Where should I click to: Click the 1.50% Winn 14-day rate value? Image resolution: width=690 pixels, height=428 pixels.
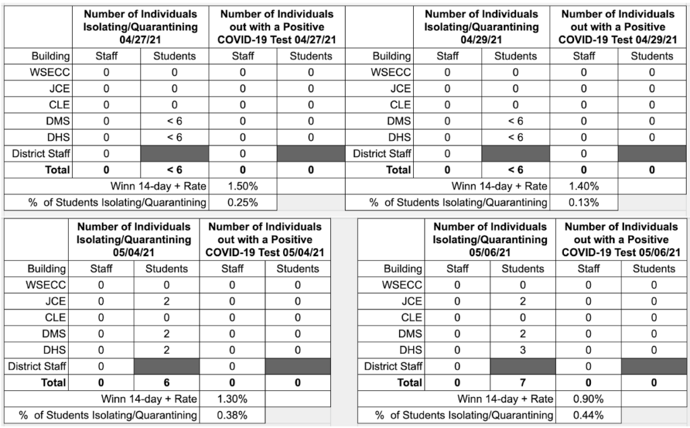pyautogui.click(x=243, y=186)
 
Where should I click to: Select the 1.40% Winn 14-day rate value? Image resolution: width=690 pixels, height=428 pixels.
pyautogui.click(x=584, y=186)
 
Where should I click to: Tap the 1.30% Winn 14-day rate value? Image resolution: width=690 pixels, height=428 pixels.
pyautogui.click(x=232, y=399)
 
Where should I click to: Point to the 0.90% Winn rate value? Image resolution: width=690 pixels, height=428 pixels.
pyautogui.click(x=588, y=399)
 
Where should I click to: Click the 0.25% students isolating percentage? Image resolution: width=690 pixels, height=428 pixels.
pyautogui.click(x=243, y=203)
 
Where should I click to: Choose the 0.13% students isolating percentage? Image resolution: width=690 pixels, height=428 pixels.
pyautogui.click(x=584, y=203)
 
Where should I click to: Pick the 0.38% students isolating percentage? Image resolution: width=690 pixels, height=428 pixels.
pyautogui.click(x=232, y=415)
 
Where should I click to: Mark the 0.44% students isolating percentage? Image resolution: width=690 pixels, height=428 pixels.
pyautogui.click(x=588, y=415)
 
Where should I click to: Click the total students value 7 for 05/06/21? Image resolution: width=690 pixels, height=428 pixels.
pyautogui.click(x=523, y=383)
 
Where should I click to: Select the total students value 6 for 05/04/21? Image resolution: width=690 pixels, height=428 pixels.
pyautogui.click(x=166, y=383)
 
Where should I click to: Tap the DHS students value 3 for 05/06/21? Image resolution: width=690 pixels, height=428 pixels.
pyautogui.click(x=523, y=350)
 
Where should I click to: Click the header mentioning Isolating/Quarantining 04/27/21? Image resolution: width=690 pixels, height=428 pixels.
pyautogui.click(x=140, y=27)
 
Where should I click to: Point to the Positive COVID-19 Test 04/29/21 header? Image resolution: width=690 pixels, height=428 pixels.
pyautogui.click(x=618, y=27)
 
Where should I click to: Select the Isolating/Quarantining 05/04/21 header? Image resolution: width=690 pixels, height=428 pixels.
pyautogui.click(x=134, y=239)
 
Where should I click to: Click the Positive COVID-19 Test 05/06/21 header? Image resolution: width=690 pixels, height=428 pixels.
pyautogui.click(x=621, y=239)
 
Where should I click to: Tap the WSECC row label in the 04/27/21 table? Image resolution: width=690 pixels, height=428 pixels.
pyautogui.click(x=50, y=72)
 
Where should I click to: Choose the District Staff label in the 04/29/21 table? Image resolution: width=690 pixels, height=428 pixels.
pyautogui.click(x=382, y=154)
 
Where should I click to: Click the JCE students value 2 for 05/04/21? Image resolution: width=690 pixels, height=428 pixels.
pyautogui.click(x=166, y=301)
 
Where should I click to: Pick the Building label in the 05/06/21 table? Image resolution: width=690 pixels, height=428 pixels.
pyautogui.click(x=403, y=269)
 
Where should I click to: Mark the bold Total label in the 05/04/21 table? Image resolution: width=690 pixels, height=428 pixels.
pyautogui.click(x=53, y=383)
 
